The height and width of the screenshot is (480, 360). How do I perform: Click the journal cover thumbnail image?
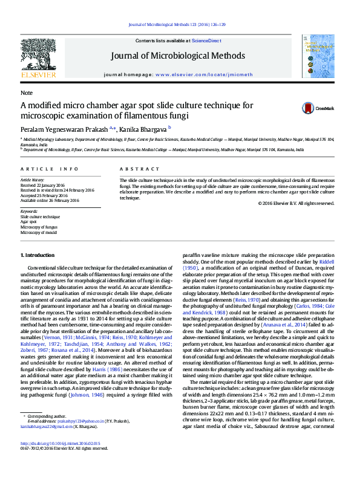(318, 56)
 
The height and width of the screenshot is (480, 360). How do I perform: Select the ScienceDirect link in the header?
(206, 41)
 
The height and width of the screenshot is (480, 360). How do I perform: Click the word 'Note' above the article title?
(27, 93)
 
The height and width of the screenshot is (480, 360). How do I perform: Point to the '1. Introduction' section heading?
(38, 256)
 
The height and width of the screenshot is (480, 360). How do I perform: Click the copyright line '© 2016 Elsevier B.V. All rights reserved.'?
(295, 203)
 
